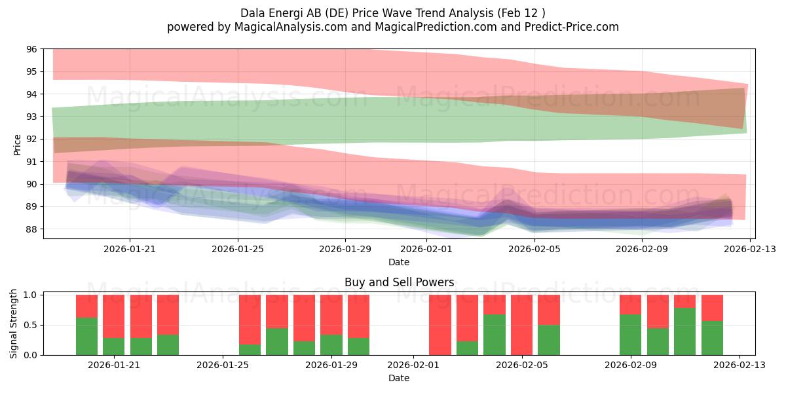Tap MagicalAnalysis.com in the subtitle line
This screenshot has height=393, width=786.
coord(291,27)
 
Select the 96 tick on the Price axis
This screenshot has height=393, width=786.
coord(31,49)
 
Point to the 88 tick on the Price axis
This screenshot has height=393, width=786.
coord(31,229)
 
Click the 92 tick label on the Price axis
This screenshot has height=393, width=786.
coord(31,139)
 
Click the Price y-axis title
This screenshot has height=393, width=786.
coord(17,145)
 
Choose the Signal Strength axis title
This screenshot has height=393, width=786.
coord(13,324)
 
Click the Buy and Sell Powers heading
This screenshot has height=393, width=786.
coord(400,282)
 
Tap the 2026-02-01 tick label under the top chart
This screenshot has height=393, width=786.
coord(426,249)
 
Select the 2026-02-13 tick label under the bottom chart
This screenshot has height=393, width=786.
coord(739,365)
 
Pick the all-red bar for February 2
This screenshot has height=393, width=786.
coord(440,325)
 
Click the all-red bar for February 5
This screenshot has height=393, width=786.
coord(522,325)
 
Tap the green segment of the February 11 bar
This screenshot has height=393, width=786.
coord(685,331)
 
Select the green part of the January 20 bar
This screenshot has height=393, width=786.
coord(86,337)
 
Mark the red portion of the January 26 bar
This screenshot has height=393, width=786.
coord(250,320)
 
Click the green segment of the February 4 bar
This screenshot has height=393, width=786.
coord(495,335)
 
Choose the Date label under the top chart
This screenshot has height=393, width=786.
coord(399,262)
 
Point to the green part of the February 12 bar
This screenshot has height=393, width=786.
coord(713,338)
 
